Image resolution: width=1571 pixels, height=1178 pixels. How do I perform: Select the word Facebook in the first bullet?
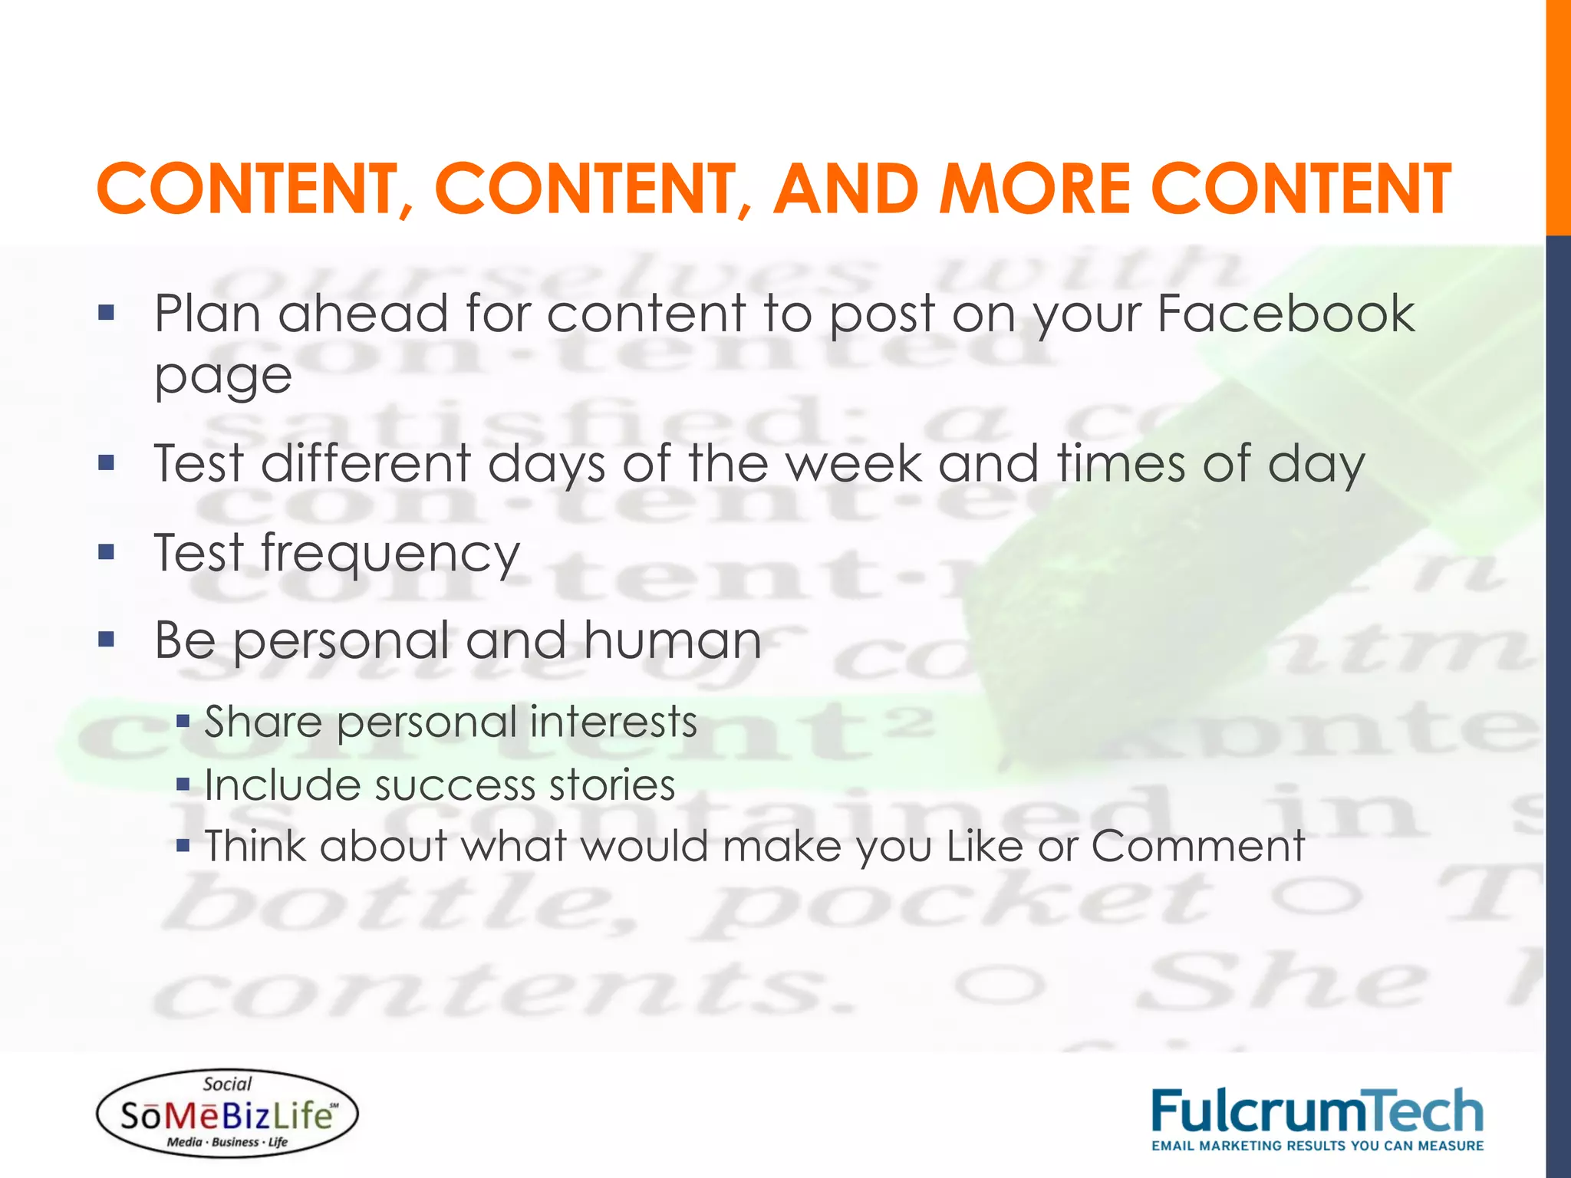1286,314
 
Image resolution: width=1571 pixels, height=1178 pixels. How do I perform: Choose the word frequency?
390,554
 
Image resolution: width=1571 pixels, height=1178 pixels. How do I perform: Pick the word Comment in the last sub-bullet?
1197,846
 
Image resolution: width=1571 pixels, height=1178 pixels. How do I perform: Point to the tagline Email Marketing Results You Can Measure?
1317,1146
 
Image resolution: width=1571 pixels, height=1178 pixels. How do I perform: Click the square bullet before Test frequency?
106,551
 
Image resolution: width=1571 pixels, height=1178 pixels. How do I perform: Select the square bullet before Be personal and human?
106,639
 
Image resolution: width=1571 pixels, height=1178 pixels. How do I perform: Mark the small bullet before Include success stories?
183,784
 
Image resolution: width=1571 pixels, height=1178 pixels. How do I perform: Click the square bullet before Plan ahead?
106,312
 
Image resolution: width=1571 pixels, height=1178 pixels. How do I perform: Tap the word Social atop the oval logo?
227,1084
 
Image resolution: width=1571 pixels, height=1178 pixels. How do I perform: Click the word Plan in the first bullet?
207,314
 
